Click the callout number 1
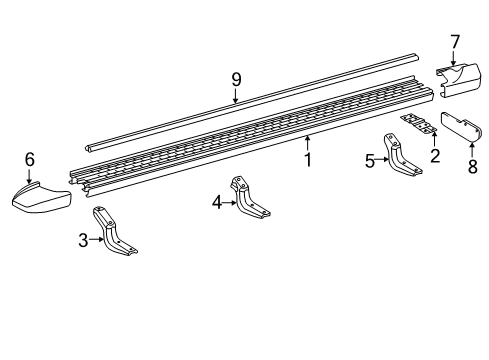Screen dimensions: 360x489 tap(308, 160)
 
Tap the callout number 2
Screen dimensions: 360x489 tap(434, 155)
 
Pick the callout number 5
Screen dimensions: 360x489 tap(369, 160)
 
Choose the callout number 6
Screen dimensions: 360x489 tap(29, 158)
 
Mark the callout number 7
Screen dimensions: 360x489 tap(454, 41)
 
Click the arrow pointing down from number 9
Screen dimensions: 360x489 tap(236, 96)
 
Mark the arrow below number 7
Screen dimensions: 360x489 tap(454, 60)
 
